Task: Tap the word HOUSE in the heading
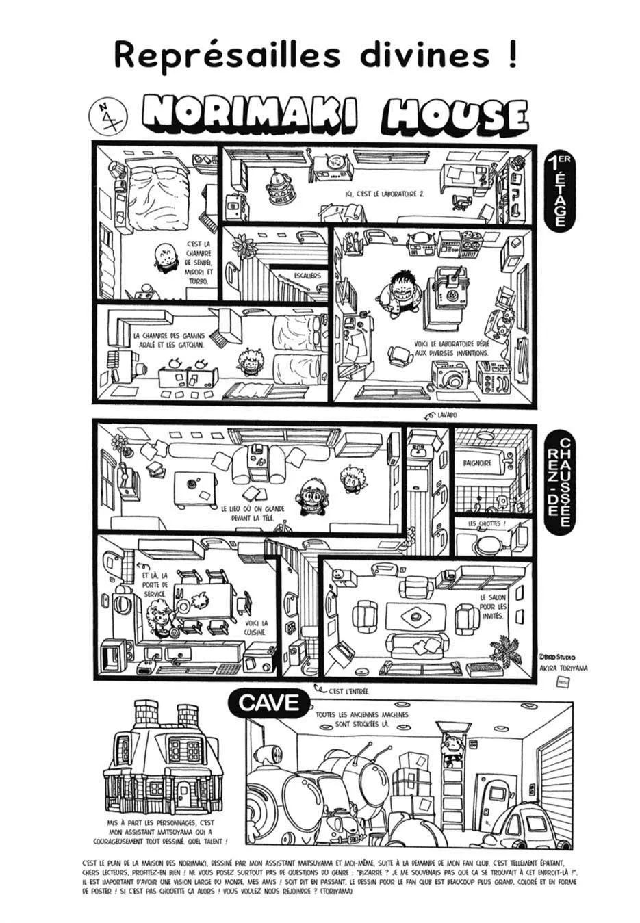pyautogui.click(x=455, y=116)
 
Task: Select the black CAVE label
pyautogui.click(x=270, y=702)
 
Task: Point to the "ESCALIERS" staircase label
pyautogui.click(x=307, y=276)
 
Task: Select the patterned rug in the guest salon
pyautogui.click(x=415, y=615)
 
